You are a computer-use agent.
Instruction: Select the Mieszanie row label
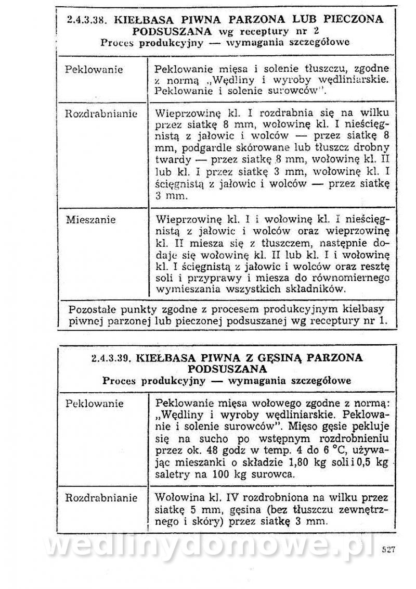90,220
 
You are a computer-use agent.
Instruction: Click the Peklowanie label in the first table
94,69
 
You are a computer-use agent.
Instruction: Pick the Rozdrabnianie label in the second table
101,498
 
